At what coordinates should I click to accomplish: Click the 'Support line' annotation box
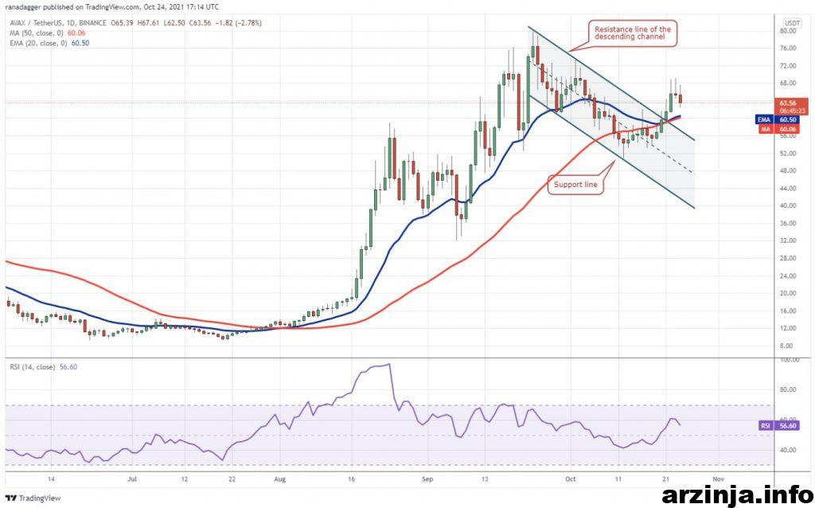pos(575,185)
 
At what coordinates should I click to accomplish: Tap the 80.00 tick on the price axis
pos(789,31)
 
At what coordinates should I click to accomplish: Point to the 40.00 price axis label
pos(789,205)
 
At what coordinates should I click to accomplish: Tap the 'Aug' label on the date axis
pos(279,480)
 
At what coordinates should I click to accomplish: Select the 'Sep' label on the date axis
pos(427,480)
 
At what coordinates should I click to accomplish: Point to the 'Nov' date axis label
pos(718,480)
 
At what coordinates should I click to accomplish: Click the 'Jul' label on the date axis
pos(132,480)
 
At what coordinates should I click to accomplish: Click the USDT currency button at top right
pos(792,21)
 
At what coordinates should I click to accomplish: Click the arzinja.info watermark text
pos(734,494)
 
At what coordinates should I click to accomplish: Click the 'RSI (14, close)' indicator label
pos(31,366)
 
